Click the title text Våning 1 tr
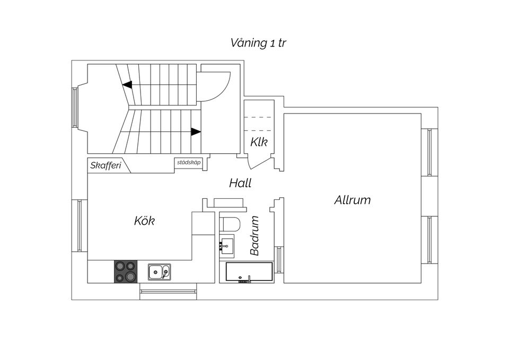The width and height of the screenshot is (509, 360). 258,43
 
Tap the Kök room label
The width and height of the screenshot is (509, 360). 144,221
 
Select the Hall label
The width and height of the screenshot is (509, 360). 240,183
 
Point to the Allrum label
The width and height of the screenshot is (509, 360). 352,200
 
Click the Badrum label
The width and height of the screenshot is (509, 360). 254,235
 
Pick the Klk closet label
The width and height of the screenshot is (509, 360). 259,142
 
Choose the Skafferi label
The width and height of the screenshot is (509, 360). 106,165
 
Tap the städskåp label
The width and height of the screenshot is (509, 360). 189,162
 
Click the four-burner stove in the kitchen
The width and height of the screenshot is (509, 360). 126,271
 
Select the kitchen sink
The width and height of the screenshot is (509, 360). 160,271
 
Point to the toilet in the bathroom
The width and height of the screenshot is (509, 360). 230,224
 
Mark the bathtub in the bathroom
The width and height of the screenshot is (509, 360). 249,273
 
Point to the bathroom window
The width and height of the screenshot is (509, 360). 278,259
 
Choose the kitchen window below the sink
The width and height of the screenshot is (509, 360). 168,291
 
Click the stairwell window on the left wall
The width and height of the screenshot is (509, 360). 75,107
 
